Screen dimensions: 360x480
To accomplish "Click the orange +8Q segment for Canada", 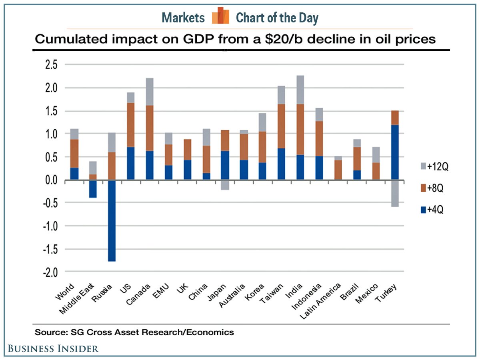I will (149, 128).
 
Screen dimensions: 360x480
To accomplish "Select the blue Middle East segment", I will (93, 189).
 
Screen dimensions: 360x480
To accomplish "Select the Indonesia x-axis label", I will (313, 296).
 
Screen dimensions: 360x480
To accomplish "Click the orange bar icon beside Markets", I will (221, 16).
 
